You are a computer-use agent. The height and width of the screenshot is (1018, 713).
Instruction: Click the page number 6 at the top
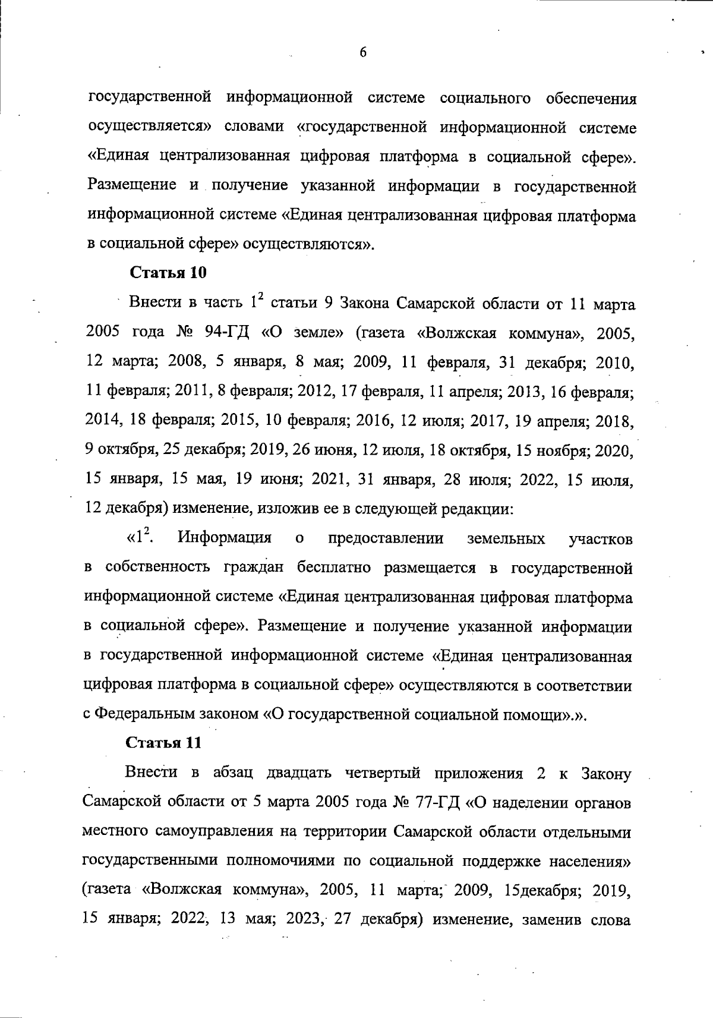tap(363, 52)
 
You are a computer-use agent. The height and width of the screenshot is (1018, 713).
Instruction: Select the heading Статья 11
tap(164, 743)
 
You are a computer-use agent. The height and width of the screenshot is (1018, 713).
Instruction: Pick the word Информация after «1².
tap(225, 538)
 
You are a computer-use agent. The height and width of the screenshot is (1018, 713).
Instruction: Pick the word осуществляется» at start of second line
tap(149, 127)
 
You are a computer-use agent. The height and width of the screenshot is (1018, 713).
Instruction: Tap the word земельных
tap(506, 538)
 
